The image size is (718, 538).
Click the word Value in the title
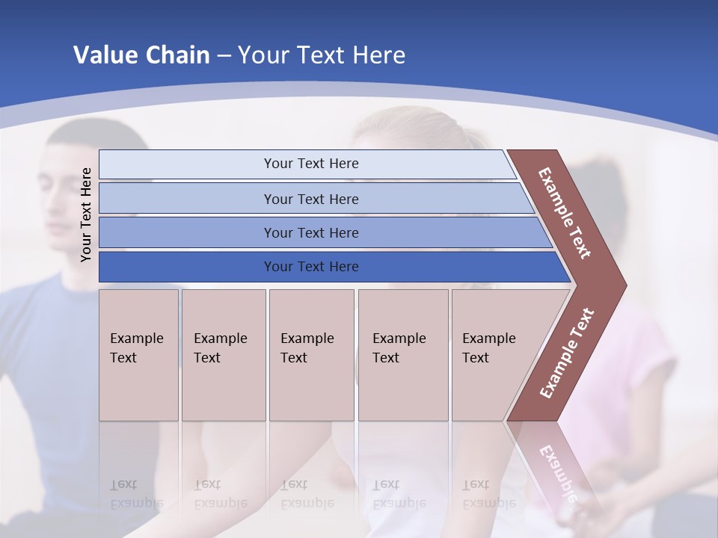click(105, 55)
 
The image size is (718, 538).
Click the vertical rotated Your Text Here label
click(86, 214)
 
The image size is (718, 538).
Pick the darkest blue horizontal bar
click(310, 267)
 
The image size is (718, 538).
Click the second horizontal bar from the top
click(310, 199)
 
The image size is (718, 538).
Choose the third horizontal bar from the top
click(310, 232)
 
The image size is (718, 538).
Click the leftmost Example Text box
click(138, 355)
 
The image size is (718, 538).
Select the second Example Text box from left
click(223, 355)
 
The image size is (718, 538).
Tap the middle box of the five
click(311, 355)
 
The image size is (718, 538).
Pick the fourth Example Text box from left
click(402, 355)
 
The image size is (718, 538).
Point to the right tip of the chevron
click(622, 285)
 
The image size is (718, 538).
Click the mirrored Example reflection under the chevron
click(557, 471)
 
